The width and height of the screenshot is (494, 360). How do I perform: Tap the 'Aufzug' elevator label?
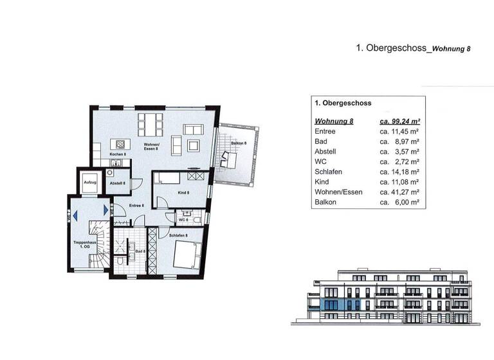tap(89, 183)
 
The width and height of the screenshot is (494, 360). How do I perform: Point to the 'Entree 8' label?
tap(136, 205)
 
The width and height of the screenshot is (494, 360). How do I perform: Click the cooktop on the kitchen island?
tap(118, 143)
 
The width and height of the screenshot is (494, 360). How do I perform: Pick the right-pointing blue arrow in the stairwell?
tap(105, 210)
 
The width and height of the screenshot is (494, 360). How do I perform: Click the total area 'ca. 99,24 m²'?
tap(399, 121)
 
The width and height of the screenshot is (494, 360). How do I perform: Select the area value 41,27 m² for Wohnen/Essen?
tap(399, 192)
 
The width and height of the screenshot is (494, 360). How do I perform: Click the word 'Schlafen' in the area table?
tap(328, 172)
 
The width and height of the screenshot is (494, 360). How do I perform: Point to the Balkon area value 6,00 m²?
tap(399, 202)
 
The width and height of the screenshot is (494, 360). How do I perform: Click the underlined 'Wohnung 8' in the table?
tap(334, 121)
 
